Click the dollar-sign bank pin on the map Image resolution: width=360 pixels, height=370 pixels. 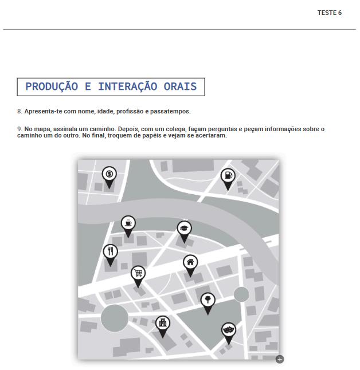[x=109, y=174]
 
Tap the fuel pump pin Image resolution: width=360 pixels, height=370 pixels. [x=228, y=176]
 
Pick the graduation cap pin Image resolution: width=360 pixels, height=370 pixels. [x=184, y=229]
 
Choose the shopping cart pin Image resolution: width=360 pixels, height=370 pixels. [x=138, y=273]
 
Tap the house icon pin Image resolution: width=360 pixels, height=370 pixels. [x=191, y=263]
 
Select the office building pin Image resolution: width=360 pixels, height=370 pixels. [x=162, y=324]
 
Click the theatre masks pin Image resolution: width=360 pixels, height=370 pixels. [x=229, y=330]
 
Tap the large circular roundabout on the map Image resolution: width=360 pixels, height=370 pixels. [x=115, y=318]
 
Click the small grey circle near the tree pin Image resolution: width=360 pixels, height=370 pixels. [x=241, y=294]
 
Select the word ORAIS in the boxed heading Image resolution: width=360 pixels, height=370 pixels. [x=178, y=87]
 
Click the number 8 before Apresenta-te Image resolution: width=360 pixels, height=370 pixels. [x=19, y=111]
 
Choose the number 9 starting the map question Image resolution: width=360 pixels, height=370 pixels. [x=19, y=129]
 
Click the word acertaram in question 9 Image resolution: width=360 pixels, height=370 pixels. [x=210, y=136]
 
